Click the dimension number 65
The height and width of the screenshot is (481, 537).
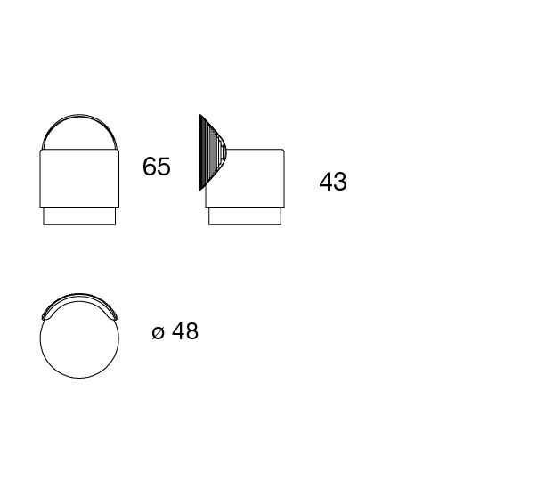click(x=156, y=167)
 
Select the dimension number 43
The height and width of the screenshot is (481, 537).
click(x=333, y=182)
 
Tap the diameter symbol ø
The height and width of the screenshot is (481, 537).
click(x=158, y=332)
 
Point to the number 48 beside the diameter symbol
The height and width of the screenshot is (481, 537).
click(x=185, y=331)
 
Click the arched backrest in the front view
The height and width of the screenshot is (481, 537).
click(x=79, y=116)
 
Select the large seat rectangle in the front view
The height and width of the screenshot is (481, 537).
click(x=79, y=178)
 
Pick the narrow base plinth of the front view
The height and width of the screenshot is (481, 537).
click(x=79, y=216)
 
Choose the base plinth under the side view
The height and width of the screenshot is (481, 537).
click(x=245, y=216)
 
